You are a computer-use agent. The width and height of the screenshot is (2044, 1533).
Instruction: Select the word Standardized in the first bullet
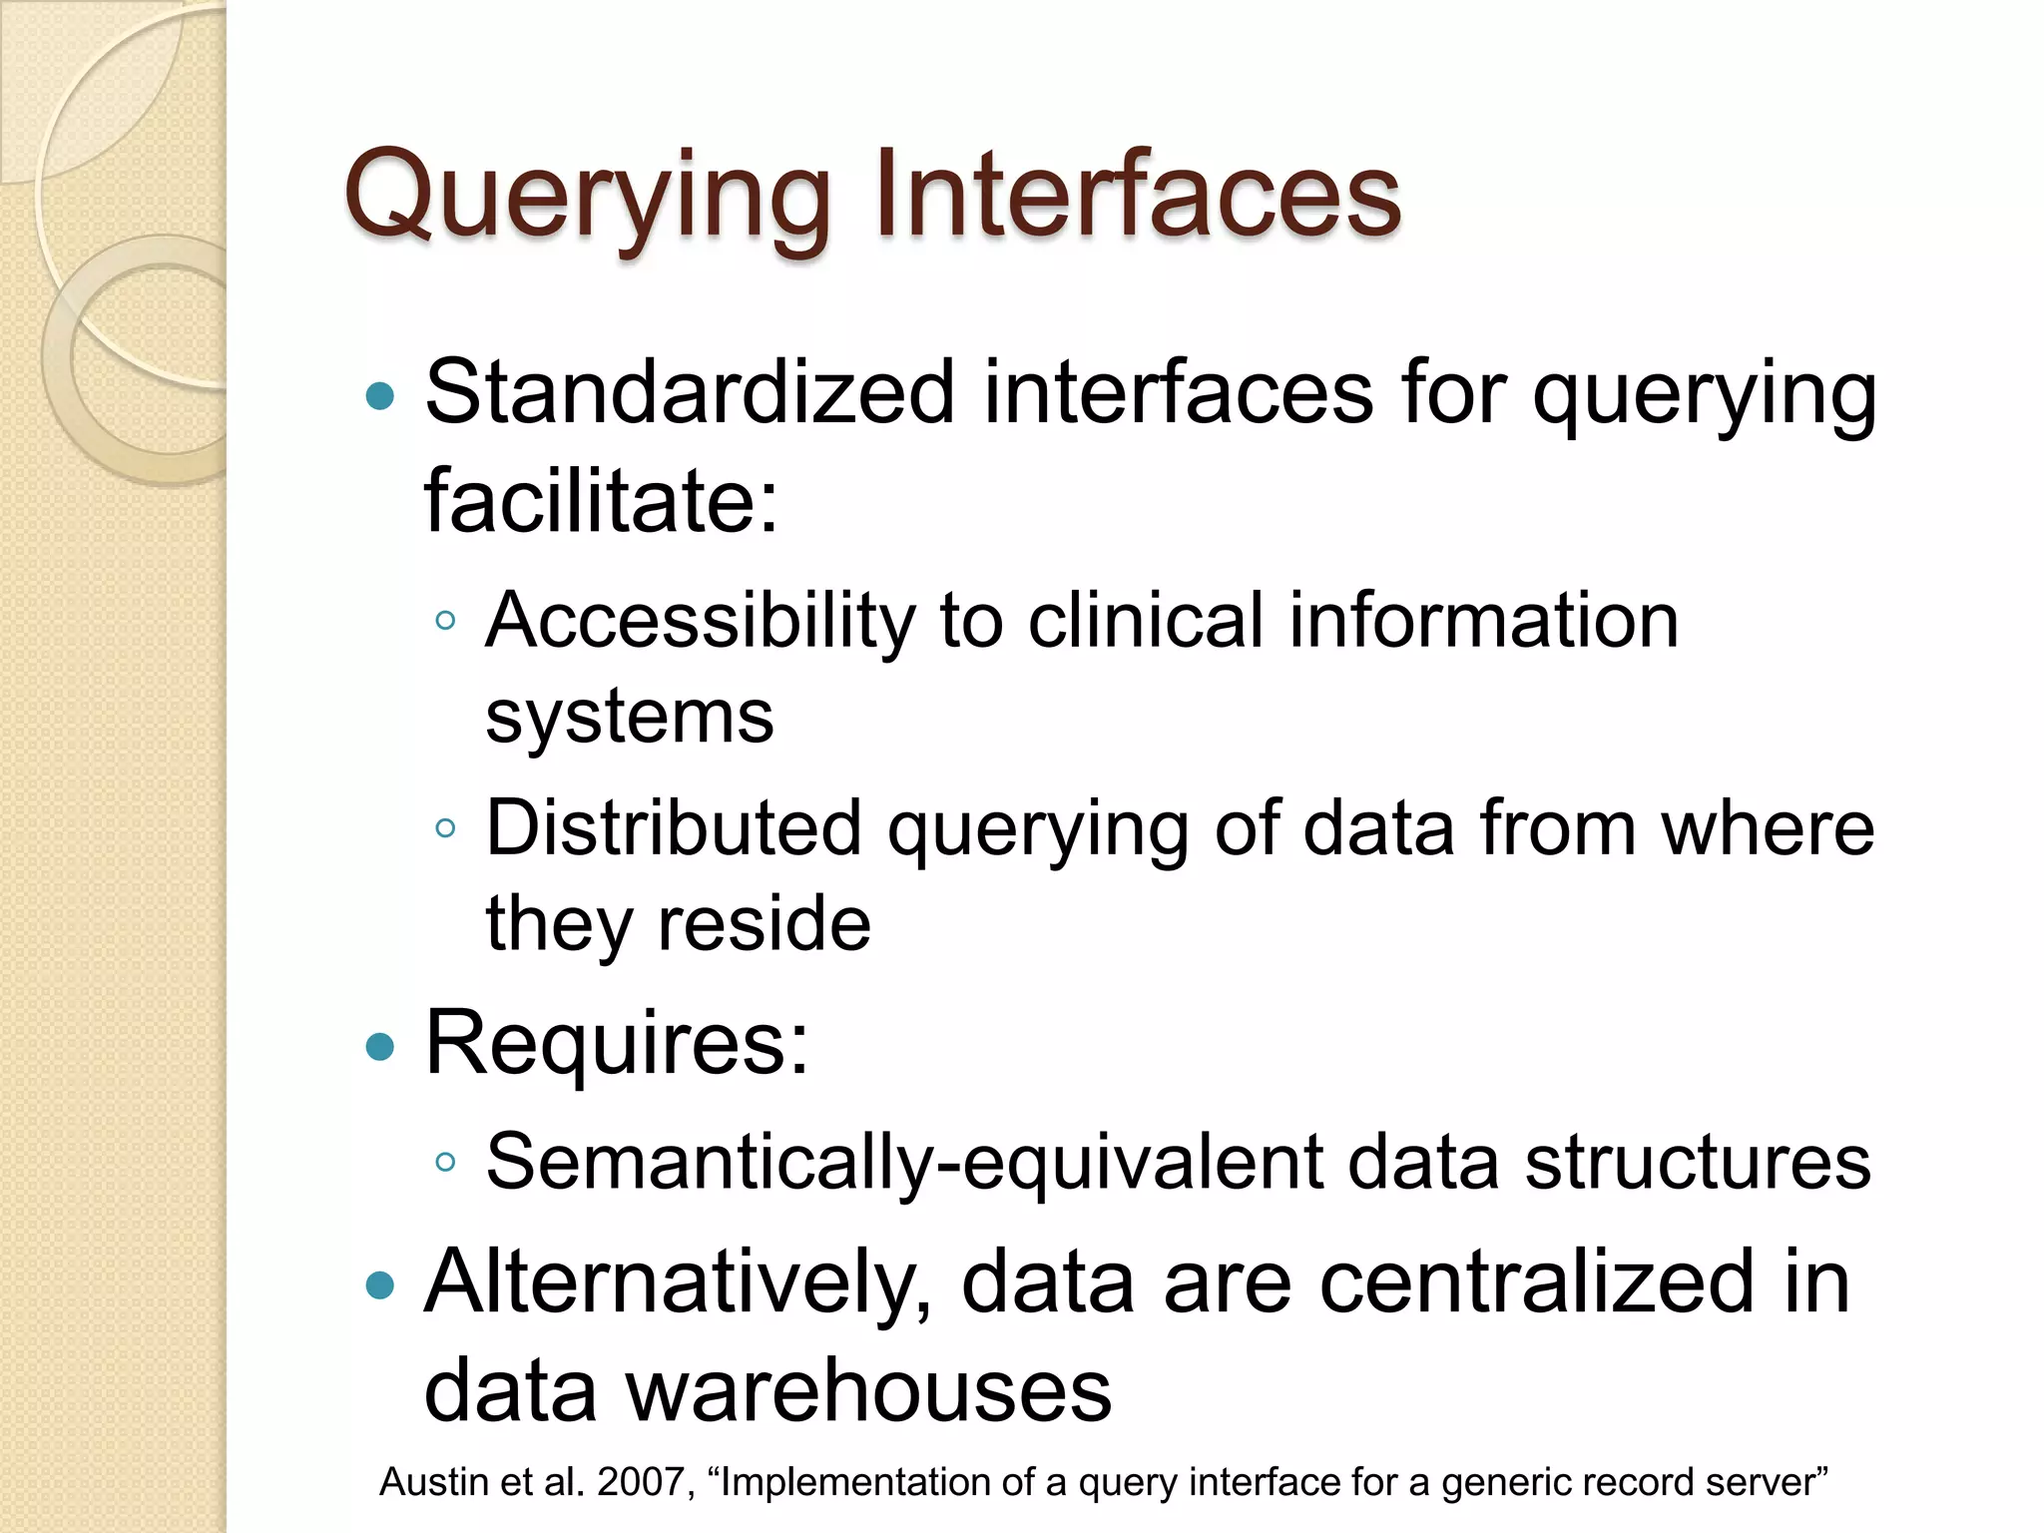pyautogui.click(x=690, y=392)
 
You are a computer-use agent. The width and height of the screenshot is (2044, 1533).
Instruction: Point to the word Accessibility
pyautogui.click(x=699, y=622)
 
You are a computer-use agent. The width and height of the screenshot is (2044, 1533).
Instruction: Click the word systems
pyautogui.click(x=629, y=717)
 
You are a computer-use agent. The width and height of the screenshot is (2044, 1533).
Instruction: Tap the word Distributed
pyautogui.click(x=674, y=827)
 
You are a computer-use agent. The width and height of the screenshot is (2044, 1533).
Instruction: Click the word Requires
pyautogui.click(x=616, y=1043)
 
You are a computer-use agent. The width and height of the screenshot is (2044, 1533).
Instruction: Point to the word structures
pyautogui.click(x=1697, y=1162)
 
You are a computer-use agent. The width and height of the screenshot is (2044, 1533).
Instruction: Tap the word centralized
pyautogui.click(x=1536, y=1281)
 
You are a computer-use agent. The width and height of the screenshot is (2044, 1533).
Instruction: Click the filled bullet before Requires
pyautogui.click(x=380, y=1047)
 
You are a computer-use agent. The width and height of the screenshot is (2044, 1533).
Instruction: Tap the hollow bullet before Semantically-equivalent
pyautogui.click(x=445, y=1162)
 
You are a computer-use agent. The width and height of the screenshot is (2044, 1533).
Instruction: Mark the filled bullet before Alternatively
pyautogui.click(x=380, y=1285)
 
